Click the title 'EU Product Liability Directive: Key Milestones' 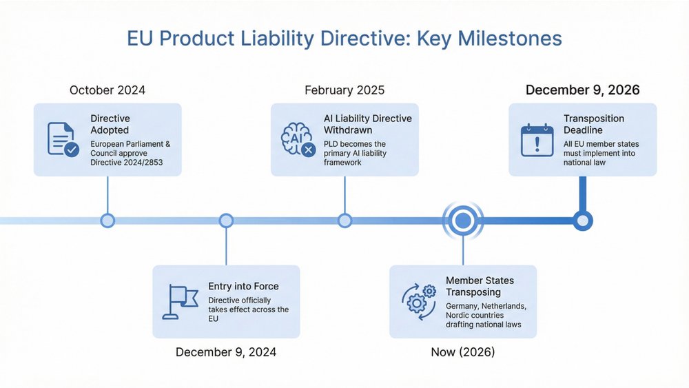[x=344, y=39]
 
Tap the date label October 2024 [x=107, y=90]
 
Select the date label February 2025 [x=344, y=90]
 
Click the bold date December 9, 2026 [x=582, y=90]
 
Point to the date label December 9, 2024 [x=226, y=352]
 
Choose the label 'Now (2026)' [x=462, y=352]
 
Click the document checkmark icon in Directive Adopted [x=63, y=139]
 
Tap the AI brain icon [x=298, y=139]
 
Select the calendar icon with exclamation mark [x=537, y=139]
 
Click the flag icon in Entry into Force [x=179, y=302]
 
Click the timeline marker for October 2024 [x=107, y=221]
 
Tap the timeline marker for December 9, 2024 [x=226, y=221]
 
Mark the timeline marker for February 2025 [x=344, y=221]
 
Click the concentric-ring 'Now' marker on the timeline [x=462, y=221]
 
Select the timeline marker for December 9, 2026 [x=583, y=221]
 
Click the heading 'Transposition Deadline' [x=593, y=124]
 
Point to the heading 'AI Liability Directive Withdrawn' [x=367, y=124]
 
